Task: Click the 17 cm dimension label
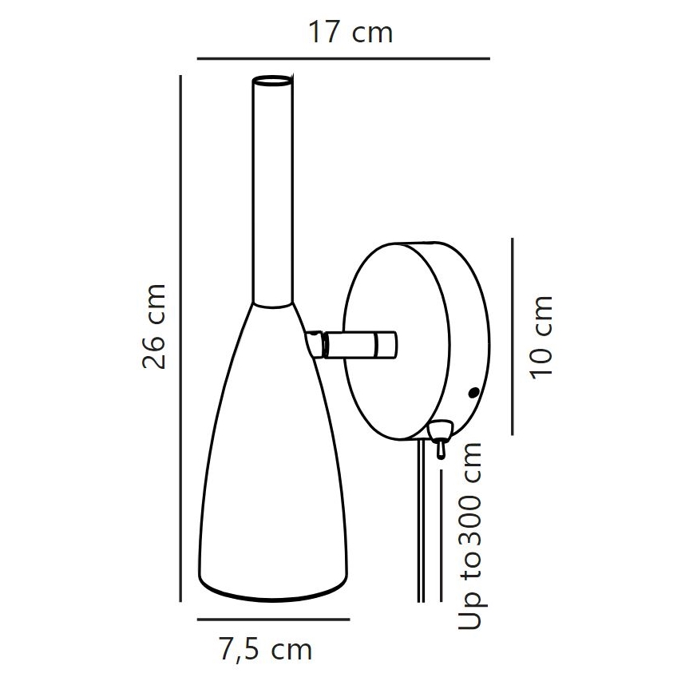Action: (x=350, y=33)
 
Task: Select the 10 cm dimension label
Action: (x=541, y=337)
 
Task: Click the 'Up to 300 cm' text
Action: (x=473, y=536)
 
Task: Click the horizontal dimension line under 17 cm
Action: (x=343, y=58)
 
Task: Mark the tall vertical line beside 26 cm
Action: (x=183, y=335)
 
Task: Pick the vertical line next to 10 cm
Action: (x=513, y=335)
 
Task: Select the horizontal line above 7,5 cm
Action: (x=273, y=619)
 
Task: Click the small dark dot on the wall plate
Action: (x=473, y=393)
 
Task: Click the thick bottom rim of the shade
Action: (x=273, y=592)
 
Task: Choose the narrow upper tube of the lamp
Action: (x=273, y=192)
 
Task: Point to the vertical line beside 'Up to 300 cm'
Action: (x=442, y=535)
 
